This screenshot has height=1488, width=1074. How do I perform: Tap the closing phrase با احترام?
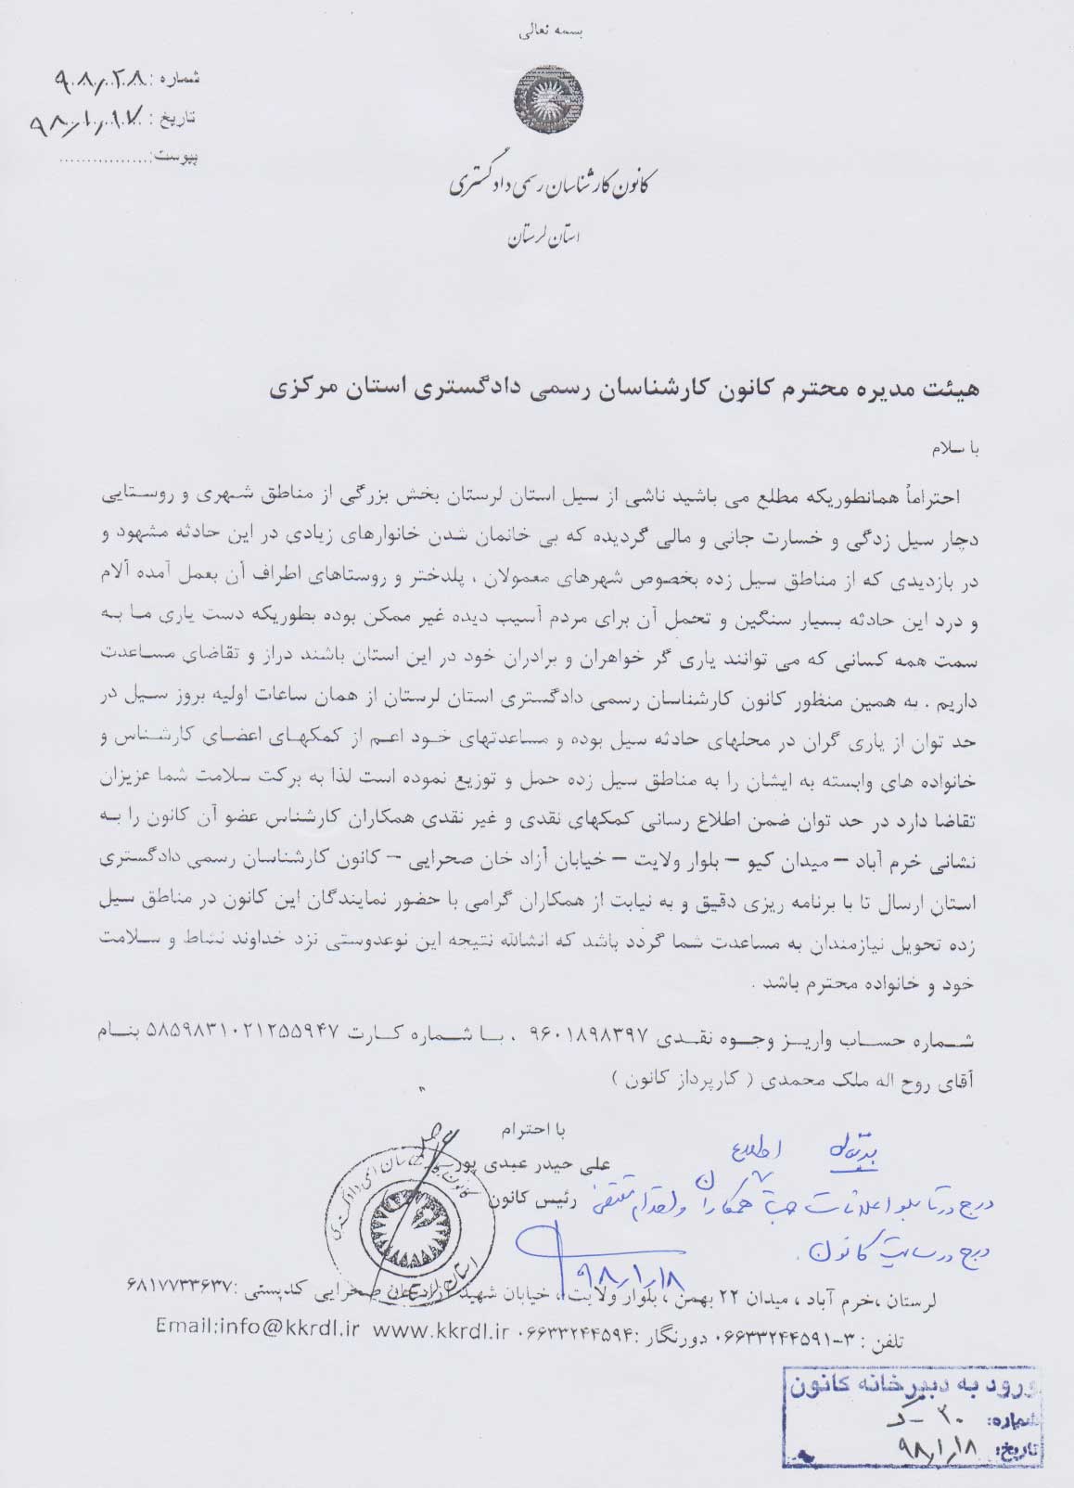[x=530, y=1130]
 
